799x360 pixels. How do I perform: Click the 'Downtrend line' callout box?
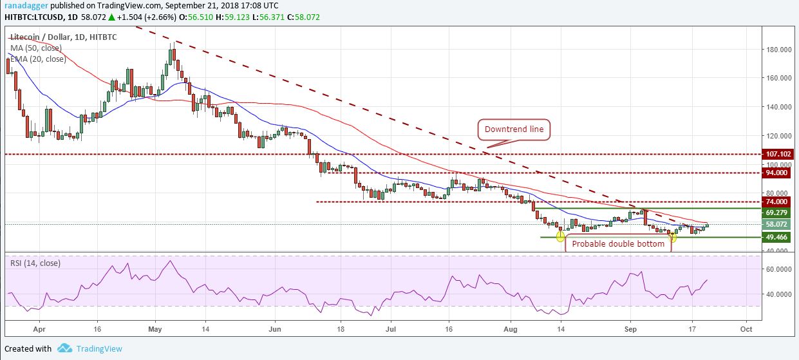(514, 129)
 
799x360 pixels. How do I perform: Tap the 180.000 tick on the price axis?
(778, 50)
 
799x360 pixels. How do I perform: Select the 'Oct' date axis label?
(746, 328)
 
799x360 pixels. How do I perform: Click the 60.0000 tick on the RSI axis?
(779, 269)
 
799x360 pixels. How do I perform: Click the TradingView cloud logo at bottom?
(64, 348)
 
